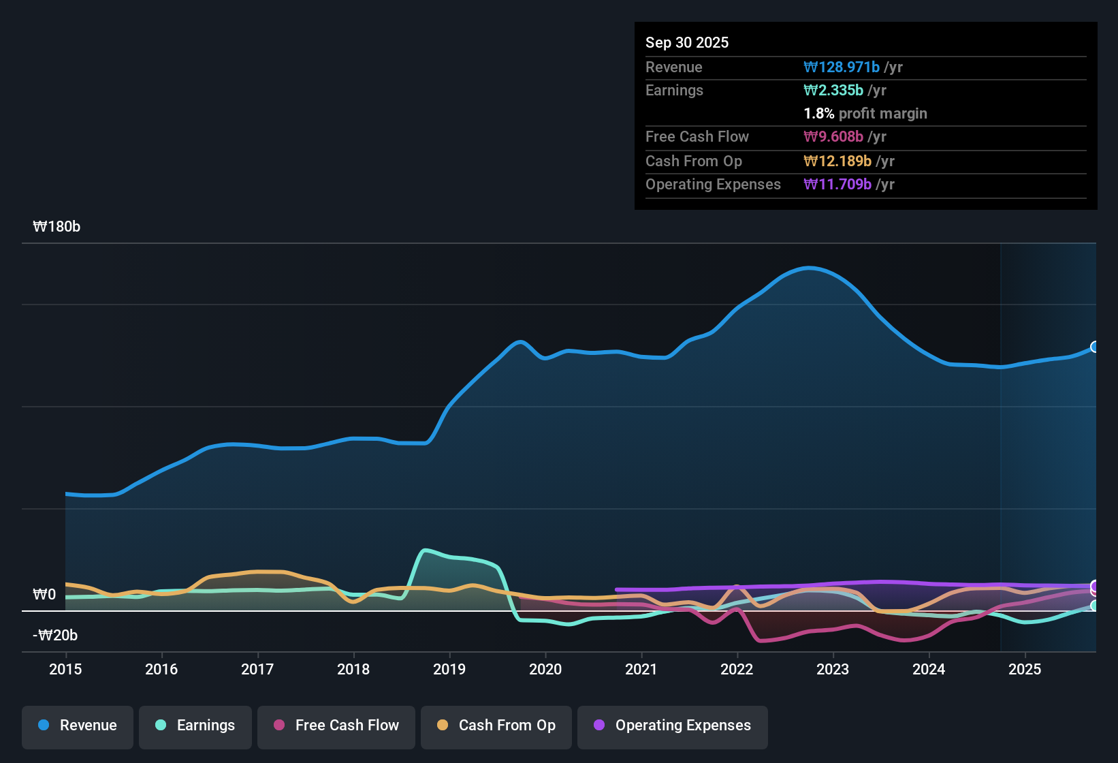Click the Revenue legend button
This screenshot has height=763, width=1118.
78,726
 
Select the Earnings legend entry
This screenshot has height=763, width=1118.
195,726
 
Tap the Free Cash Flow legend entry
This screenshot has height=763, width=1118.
336,726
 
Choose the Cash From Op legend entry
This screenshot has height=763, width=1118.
496,726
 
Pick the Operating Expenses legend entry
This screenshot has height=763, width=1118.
673,726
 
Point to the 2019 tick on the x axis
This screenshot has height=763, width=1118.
449,669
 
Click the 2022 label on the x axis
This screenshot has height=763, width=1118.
737,669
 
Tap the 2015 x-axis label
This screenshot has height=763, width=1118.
65,669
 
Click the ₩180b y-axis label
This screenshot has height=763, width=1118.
57,227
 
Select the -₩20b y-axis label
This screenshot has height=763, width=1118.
55,636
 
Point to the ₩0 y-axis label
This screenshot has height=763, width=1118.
44,595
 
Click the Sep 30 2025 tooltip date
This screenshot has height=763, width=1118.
686,42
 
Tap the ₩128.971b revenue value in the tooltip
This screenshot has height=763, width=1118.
842,67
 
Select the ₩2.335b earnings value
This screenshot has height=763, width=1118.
833,90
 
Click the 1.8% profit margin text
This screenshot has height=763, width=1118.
865,113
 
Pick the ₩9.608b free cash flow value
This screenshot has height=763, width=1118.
833,136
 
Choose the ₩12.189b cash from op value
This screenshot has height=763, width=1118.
837,161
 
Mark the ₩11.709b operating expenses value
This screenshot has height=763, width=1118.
837,184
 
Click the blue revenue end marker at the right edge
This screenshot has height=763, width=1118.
1094,347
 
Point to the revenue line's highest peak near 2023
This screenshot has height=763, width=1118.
808,268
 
